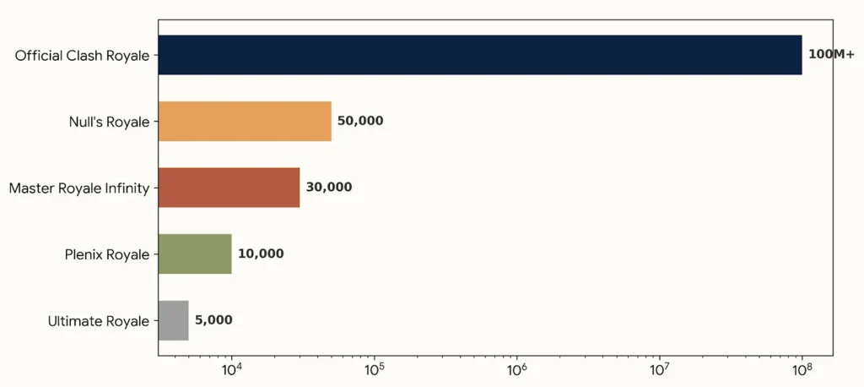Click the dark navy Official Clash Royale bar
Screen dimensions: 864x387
coord(480,55)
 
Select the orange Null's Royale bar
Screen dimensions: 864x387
coord(245,122)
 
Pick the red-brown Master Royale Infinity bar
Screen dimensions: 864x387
coord(229,188)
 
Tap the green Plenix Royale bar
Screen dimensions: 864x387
coord(195,254)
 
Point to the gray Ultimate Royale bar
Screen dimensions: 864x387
coord(173,320)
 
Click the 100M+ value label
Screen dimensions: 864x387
coord(830,55)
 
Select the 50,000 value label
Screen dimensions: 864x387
coord(360,122)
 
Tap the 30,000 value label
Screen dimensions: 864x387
coord(329,188)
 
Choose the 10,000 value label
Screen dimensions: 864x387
coord(262,254)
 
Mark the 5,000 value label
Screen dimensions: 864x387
coord(213,320)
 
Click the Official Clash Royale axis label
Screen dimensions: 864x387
coord(82,56)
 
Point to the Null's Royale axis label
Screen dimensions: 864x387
coord(109,122)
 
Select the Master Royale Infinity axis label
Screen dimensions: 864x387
coord(79,188)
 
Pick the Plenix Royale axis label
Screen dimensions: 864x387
coord(107,255)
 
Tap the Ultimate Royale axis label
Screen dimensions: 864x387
coord(99,321)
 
